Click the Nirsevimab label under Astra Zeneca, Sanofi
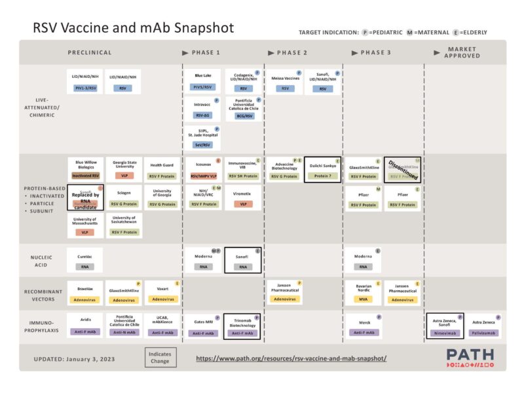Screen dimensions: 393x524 445,333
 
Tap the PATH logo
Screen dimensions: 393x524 470,358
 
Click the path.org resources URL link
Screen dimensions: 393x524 291,358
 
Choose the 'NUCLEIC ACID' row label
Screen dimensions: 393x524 43,261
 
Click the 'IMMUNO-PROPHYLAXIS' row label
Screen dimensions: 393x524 43,326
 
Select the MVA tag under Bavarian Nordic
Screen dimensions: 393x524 364,300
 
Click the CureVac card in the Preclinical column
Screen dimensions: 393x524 85,261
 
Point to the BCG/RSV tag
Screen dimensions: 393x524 244,115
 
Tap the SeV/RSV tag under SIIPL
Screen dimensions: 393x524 203,144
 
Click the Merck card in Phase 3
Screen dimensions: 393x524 364,326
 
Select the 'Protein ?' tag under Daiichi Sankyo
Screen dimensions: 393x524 322,176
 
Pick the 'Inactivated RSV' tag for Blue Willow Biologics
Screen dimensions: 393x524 85,176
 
